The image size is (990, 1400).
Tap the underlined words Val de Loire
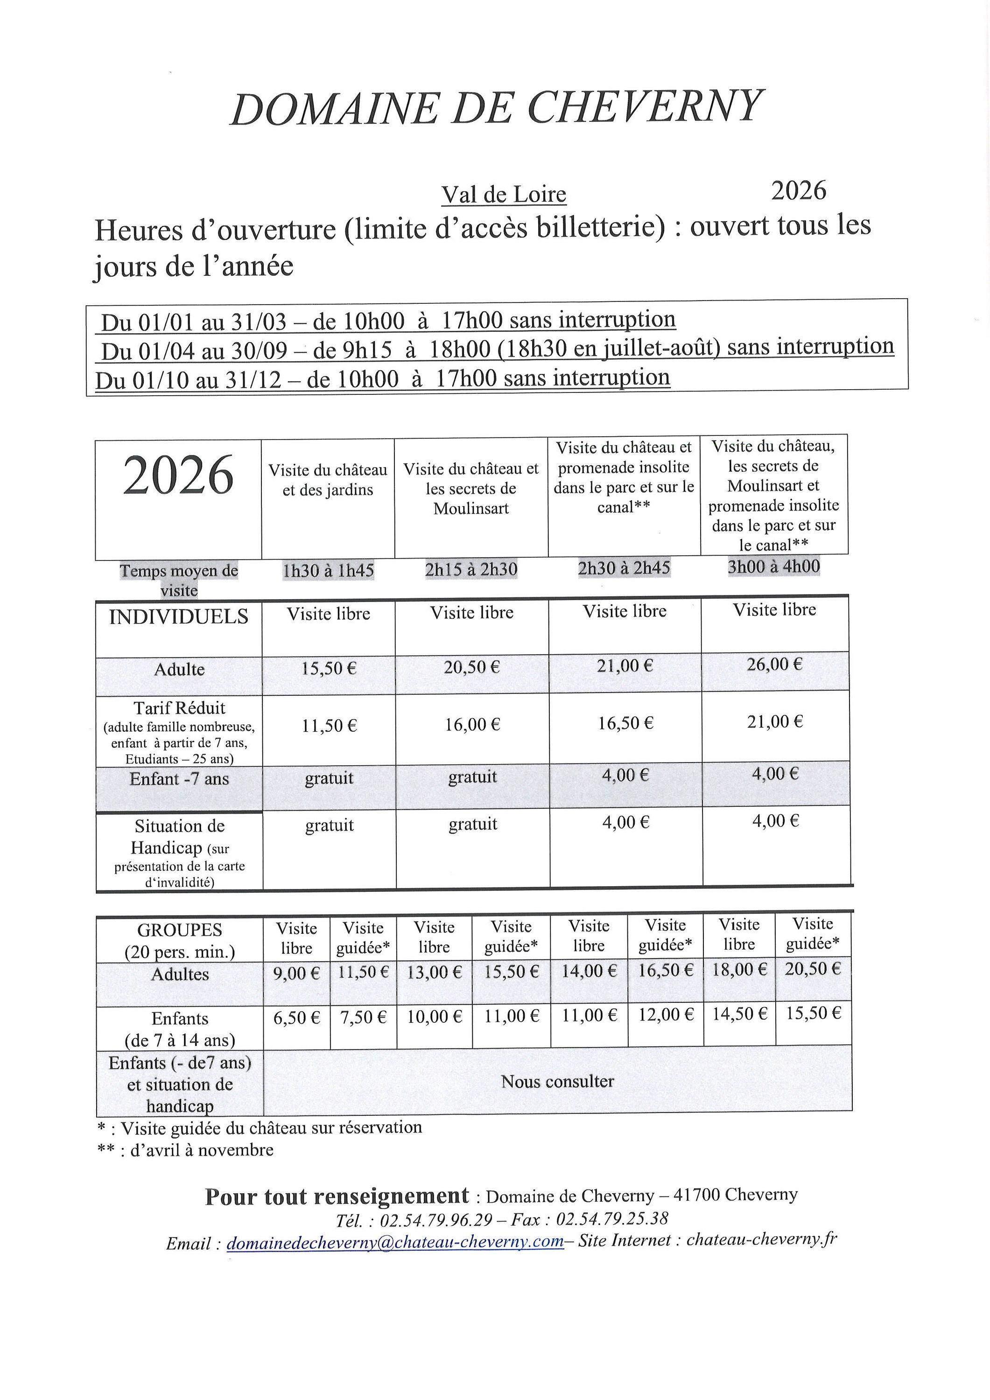(x=504, y=195)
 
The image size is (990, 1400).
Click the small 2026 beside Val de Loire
(x=799, y=191)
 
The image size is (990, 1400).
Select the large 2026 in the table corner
(x=178, y=476)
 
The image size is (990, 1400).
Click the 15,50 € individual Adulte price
(x=329, y=669)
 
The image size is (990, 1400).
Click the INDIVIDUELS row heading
(x=179, y=617)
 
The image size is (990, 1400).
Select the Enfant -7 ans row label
(x=179, y=779)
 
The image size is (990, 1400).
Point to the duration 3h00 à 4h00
(x=773, y=567)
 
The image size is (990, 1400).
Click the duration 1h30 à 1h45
(x=328, y=571)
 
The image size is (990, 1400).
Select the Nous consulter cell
(x=557, y=1082)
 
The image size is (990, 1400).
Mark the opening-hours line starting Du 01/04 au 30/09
(x=497, y=349)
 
